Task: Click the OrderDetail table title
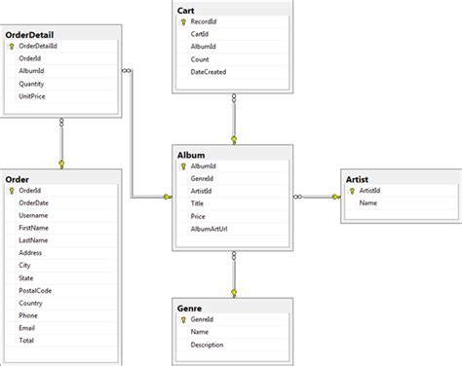[x=29, y=34]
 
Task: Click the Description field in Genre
[x=213, y=344]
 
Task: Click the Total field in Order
[x=26, y=342]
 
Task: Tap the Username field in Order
[x=33, y=215]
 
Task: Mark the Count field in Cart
[x=202, y=58]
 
